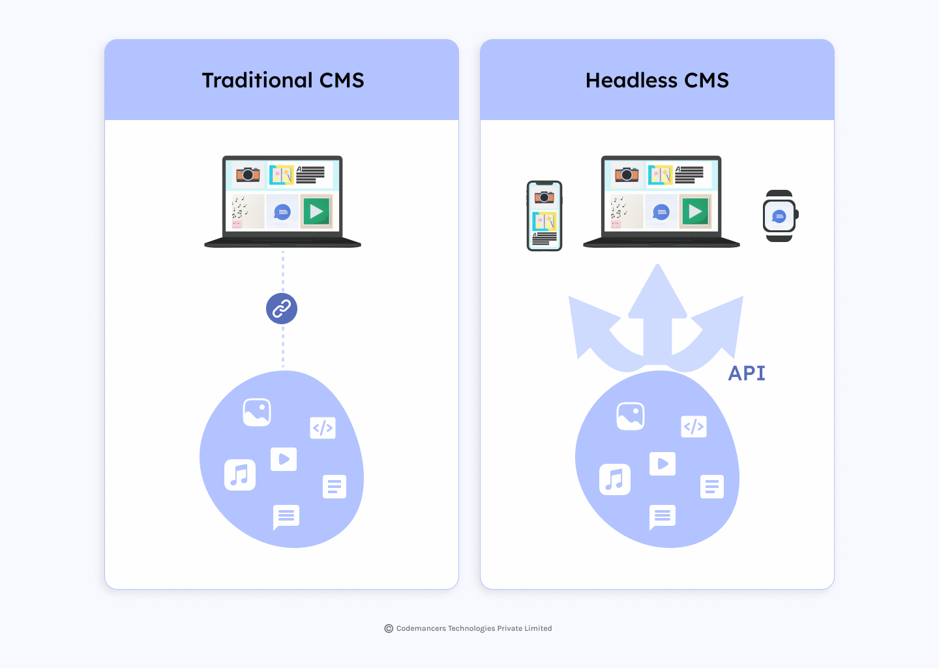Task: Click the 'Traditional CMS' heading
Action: pos(283,80)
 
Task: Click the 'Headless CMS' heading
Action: pos(657,80)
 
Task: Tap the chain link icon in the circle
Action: pos(282,309)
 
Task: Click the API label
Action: pos(747,372)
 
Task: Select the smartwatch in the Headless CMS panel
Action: pos(780,216)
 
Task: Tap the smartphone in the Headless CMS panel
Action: pos(544,216)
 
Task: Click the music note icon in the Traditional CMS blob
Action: pos(240,475)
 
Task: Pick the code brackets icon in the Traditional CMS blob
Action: pos(322,428)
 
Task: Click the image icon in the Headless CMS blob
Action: pos(631,416)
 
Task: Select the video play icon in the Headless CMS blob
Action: pos(663,464)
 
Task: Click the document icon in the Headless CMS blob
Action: pos(712,487)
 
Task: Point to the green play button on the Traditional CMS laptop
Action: pos(316,211)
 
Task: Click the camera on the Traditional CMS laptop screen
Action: pos(248,174)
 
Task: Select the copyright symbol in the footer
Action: pos(389,628)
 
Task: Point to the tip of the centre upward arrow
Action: pos(657,264)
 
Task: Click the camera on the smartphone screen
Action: pos(544,196)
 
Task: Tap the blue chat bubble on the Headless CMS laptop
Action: pos(661,212)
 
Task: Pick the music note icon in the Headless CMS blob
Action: pos(614,479)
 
